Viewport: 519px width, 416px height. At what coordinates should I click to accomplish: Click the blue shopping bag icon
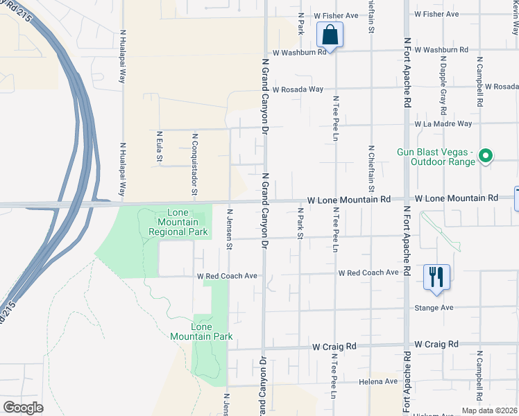pos(330,35)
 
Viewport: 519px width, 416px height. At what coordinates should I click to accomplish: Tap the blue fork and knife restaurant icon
pos(436,276)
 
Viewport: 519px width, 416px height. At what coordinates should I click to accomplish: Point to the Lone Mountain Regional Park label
pos(178,221)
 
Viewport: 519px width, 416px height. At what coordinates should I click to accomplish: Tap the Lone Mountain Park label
pos(201,331)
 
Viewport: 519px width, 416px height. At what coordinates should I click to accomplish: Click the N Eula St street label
pos(159,147)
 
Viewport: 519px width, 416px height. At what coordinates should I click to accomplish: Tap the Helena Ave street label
pos(378,381)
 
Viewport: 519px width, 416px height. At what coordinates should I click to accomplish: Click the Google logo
pos(24,408)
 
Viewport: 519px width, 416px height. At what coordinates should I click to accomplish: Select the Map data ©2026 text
pos(488,410)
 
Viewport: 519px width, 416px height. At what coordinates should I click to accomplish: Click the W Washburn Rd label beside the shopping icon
pos(299,52)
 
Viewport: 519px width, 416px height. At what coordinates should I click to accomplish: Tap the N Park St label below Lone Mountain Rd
pos(300,223)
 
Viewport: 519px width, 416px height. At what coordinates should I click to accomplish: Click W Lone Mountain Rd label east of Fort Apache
pos(457,198)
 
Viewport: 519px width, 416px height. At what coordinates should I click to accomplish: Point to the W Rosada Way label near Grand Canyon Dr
pos(298,89)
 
